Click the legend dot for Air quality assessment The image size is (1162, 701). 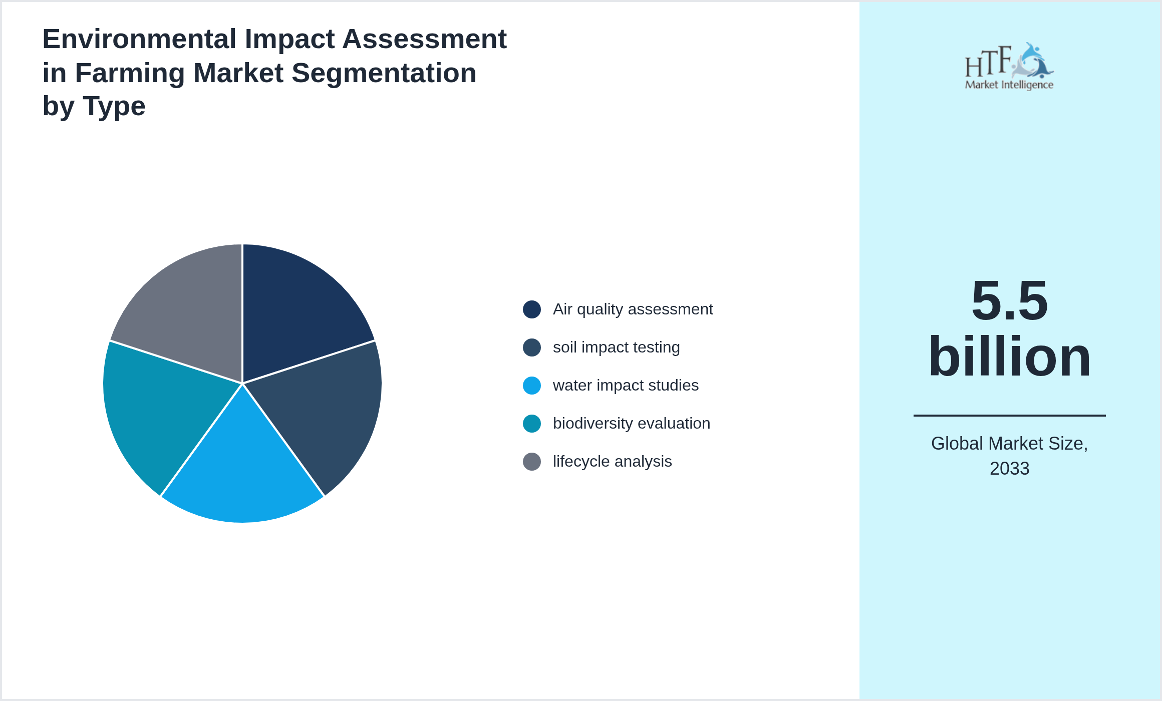click(532, 309)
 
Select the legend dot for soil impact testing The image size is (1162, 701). click(532, 347)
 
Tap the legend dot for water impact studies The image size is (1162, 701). click(532, 386)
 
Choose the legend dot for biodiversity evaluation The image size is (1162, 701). click(532, 424)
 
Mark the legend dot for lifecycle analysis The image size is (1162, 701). click(532, 462)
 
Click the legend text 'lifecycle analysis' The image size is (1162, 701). click(612, 462)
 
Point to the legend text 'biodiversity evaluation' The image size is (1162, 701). click(631, 424)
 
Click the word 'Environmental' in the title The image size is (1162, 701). click(139, 39)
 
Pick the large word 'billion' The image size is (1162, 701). click(1009, 357)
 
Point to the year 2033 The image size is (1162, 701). click(1009, 469)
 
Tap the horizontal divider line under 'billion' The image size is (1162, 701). click(1009, 416)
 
